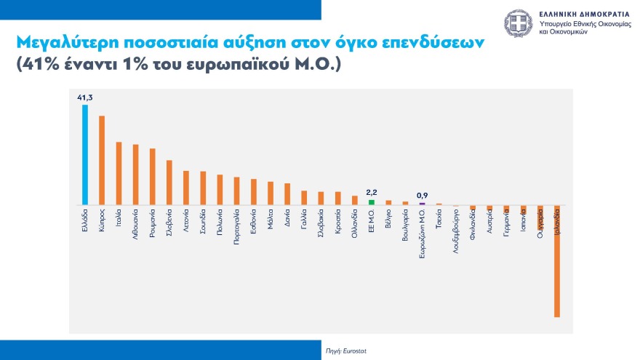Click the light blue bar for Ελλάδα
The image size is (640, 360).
coord(85,154)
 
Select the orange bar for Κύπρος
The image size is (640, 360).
coord(102,160)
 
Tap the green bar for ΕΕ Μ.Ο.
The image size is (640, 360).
coord(372,202)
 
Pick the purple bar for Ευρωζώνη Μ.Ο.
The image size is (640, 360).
coord(422,204)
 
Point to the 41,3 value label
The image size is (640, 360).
coord(84,96)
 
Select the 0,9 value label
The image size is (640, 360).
coord(422,195)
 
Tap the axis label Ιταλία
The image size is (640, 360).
coord(119,220)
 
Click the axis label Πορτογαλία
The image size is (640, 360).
coord(237,228)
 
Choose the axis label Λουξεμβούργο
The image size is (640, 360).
coord(455,230)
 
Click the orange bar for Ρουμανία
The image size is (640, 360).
coord(153,177)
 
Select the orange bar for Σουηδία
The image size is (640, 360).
coord(203,188)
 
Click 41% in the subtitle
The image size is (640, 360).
coord(43,65)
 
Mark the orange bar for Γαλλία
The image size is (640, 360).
coord(304,198)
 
